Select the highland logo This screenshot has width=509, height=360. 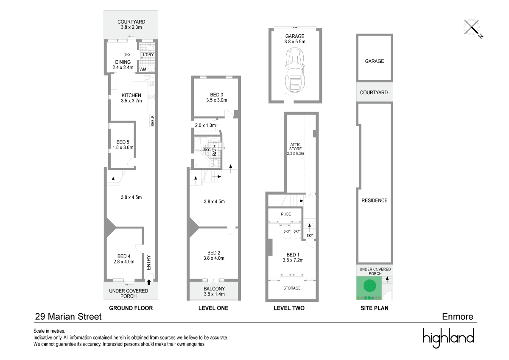448,338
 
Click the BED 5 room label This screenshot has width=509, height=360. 122,145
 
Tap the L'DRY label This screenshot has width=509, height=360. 148,55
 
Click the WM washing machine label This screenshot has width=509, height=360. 143,69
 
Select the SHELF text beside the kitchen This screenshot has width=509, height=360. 152,121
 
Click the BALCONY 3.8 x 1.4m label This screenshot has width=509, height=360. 213,291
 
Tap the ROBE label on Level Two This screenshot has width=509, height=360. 286,214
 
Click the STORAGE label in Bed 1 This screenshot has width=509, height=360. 292,288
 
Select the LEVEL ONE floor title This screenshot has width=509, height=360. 213,308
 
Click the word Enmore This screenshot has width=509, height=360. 457,316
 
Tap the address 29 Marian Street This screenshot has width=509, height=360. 68,316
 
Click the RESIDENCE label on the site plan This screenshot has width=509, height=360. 375,200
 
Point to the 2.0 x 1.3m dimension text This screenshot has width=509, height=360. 205,125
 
